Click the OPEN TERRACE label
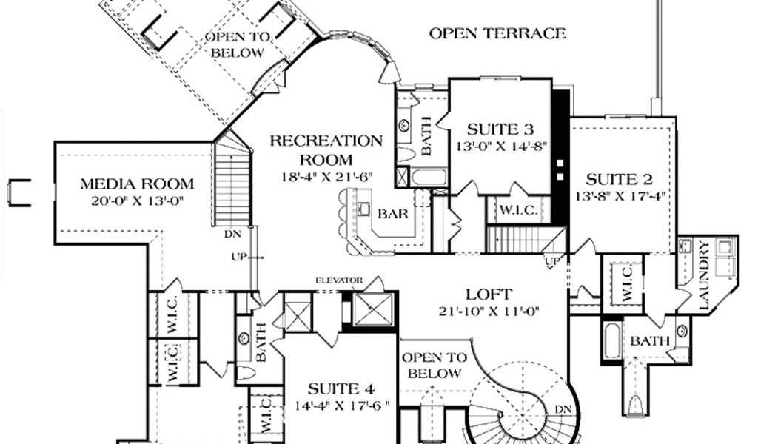tap(497, 33)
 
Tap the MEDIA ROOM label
tap(137, 184)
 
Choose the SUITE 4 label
tap(341, 389)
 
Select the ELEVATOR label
tap(339, 280)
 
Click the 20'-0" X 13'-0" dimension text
tap(138, 201)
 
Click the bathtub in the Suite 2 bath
tap(611, 341)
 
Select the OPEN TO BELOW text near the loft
tap(435, 366)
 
